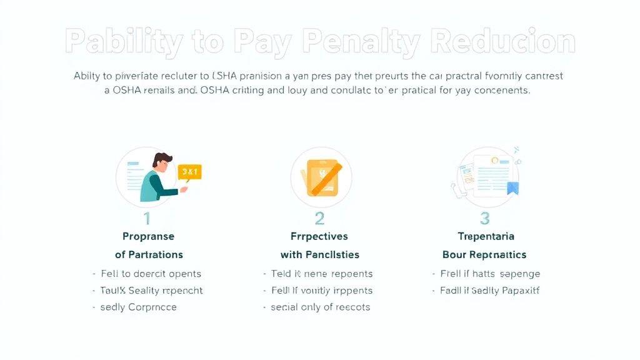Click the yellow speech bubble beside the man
coord(190,172)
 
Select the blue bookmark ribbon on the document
coord(513,187)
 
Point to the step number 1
coord(147,218)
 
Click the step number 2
coord(319,218)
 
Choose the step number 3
coord(484,218)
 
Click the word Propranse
coord(149,236)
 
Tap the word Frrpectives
coord(319,236)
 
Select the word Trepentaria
coord(486,236)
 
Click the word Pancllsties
coord(332,254)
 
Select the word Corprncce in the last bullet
coord(152,307)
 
